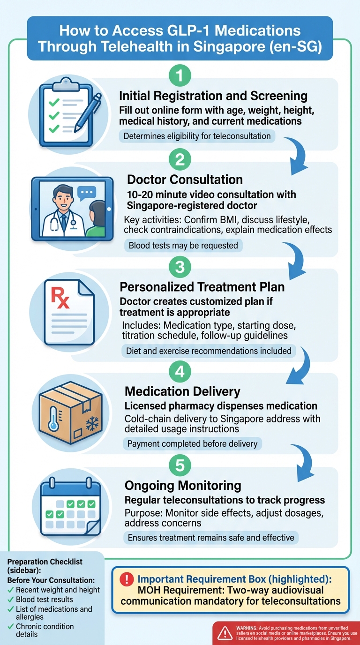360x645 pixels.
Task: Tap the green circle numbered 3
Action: pos(180,267)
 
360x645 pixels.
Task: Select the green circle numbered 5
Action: pos(180,466)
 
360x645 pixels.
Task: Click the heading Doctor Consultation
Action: pos(185,180)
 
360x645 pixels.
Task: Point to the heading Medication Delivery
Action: pos(182,391)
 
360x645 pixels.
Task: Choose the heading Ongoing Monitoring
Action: pos(183,485)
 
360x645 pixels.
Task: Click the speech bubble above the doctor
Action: pos(87,192)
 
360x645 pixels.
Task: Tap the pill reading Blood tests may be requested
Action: pos(183,246)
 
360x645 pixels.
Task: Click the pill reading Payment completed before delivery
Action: pos(192,443)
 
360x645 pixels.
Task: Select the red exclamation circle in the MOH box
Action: pos(127,579)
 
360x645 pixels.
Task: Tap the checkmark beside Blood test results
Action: pos(11,600)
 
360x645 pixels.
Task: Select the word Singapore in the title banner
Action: pos(231,47)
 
